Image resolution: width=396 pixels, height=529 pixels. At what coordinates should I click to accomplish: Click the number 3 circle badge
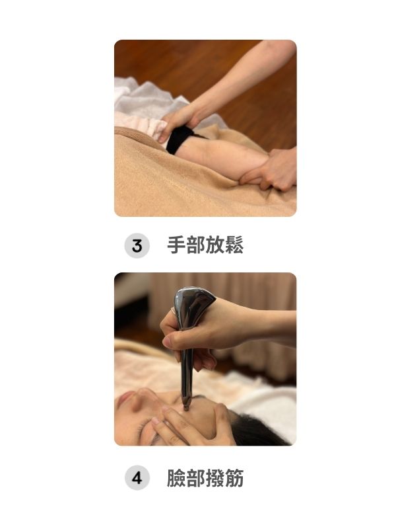137,245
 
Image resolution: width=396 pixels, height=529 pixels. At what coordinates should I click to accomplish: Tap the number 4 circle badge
137,477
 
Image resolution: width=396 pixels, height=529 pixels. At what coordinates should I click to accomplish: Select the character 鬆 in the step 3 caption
234,245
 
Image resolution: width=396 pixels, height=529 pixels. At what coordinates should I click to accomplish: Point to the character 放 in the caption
214,245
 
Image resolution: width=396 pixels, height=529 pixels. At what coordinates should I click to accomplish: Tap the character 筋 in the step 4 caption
234,477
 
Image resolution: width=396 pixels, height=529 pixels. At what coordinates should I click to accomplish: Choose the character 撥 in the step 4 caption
214,477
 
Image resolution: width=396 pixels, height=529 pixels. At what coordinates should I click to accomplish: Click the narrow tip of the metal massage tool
186,407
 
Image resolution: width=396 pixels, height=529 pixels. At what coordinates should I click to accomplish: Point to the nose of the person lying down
141,400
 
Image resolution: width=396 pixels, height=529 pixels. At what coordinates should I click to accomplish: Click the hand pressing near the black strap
178,121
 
